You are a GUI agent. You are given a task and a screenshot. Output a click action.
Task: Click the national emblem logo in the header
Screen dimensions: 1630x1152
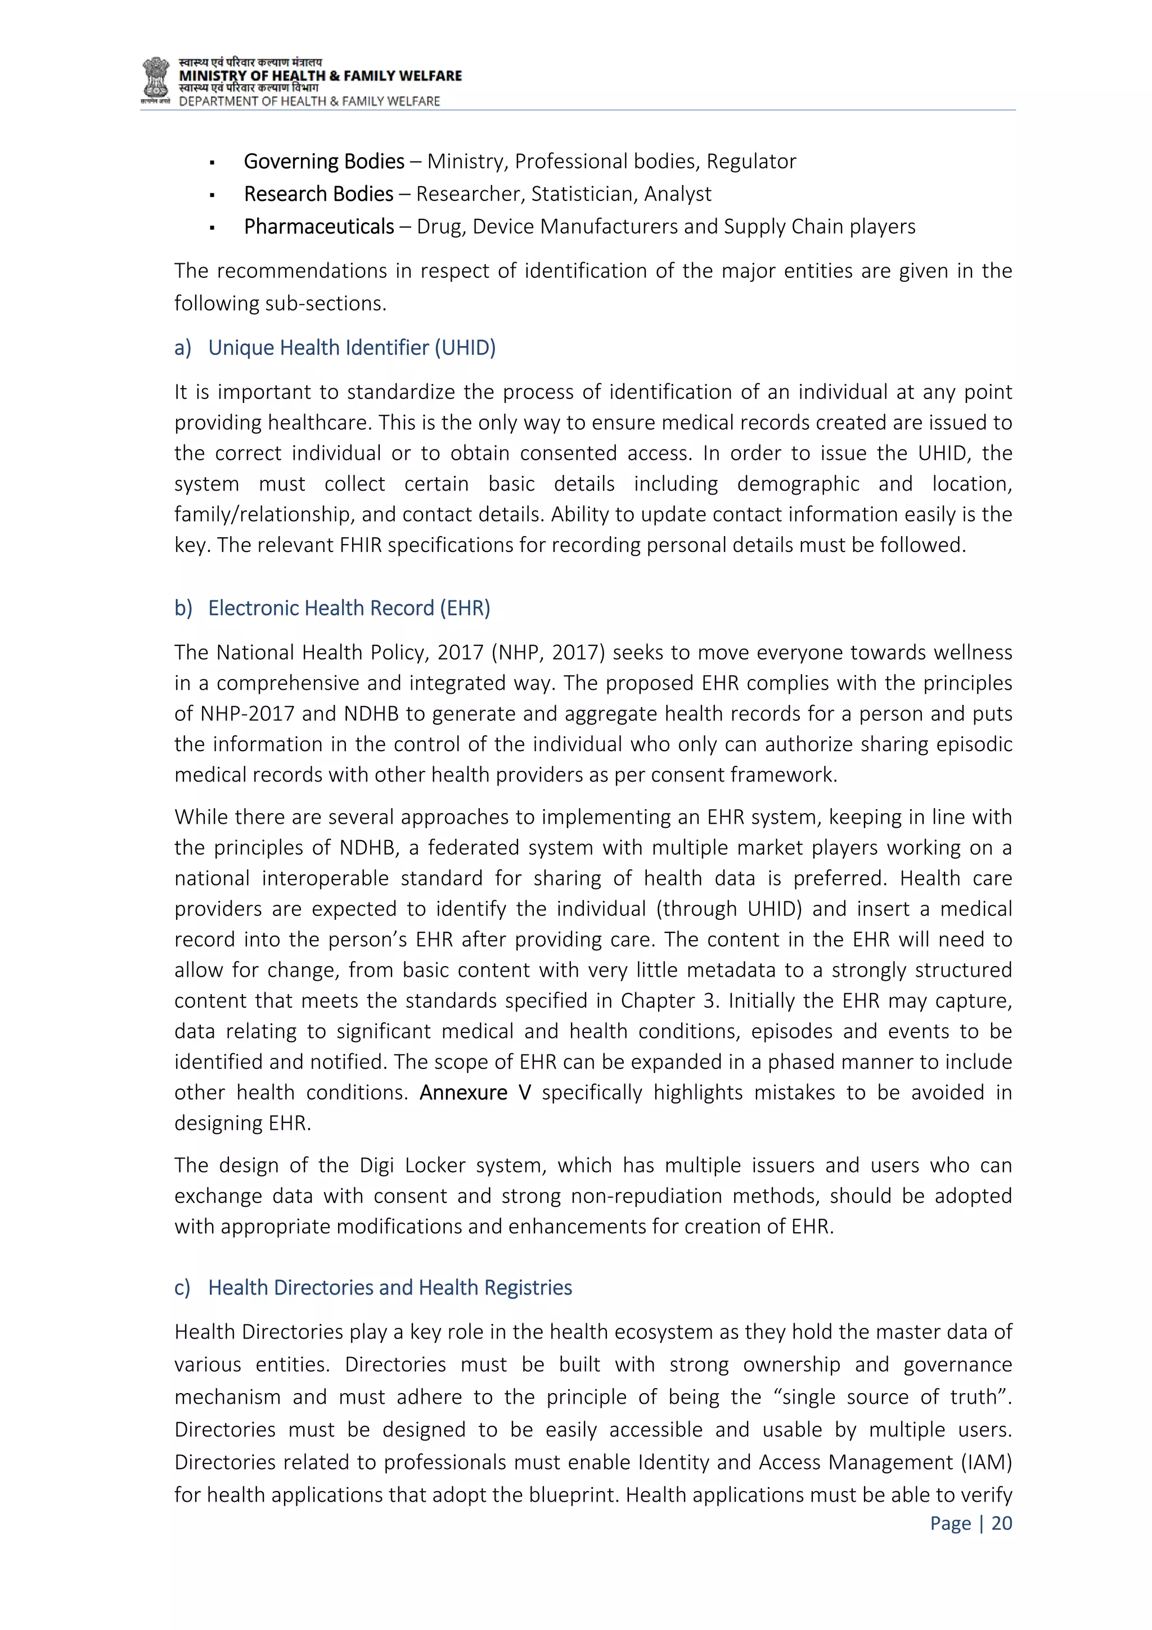[155, 79]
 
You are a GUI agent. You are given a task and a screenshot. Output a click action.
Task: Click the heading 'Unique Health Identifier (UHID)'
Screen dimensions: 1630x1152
[352, 348]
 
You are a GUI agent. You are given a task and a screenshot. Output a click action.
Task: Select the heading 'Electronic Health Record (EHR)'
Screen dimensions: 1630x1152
[349, 608]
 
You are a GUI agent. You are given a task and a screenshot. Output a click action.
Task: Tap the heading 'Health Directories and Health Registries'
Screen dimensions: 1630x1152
[390, 1288]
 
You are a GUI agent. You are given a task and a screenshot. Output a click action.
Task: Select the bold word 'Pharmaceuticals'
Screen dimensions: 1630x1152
[319, 227]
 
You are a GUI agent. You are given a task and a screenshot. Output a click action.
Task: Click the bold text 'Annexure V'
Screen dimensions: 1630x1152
[475, 1093]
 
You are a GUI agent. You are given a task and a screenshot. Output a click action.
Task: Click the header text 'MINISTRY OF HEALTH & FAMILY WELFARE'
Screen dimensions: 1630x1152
[320, 76]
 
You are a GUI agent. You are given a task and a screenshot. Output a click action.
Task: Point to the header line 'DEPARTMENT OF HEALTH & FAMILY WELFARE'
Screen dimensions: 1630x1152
[309, 101]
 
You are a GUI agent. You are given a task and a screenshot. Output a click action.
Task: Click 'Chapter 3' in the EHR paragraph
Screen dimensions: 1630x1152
[667, 1001]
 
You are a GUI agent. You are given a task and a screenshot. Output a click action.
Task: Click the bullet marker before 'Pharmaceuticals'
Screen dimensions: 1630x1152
[212, 228]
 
